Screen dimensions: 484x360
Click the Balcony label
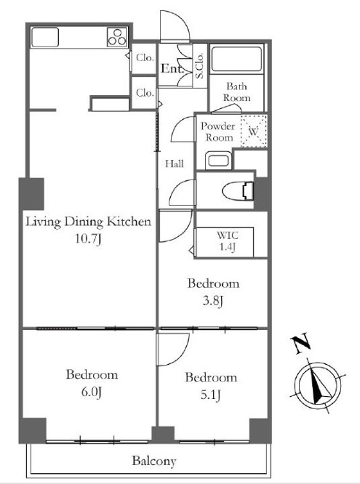click(x=153, y=461)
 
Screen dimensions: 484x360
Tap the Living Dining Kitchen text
click(x=88, y=222)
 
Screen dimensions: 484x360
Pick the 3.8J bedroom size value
click(x=213, y=299)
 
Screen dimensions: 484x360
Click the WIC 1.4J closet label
click(x=226, y=241)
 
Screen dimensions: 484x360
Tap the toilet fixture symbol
click(x=239, y=190)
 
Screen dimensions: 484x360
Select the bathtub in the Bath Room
click(x=237, y=62)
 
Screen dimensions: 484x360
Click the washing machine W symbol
click(x=253, y=132)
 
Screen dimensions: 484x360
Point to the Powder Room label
click(x=218, y=132)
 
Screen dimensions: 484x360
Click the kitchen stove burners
click(x=116, y=36)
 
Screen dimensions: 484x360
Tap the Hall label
click(x=174, y=164)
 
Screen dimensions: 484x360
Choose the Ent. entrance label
click(x=172, y=69)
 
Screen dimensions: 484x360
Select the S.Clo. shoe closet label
click(x=199, y=64)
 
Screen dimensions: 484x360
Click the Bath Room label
click(x=237, y=92)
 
